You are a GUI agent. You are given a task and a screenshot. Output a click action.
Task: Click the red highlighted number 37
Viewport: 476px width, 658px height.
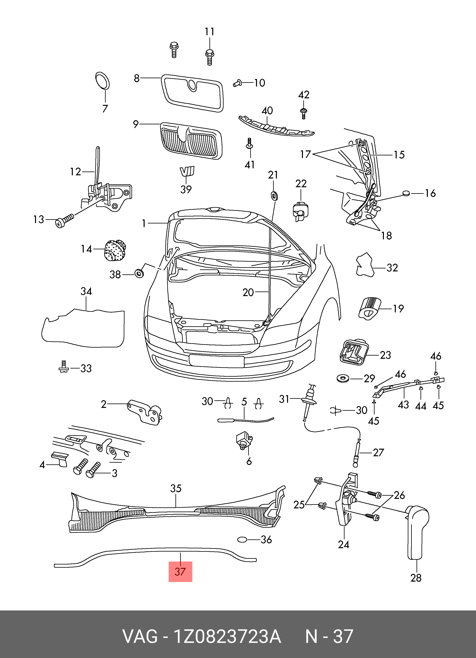180,571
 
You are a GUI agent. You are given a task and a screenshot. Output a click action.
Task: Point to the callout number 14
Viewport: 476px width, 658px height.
86,249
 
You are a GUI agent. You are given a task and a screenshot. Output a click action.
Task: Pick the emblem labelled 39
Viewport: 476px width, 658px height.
187,171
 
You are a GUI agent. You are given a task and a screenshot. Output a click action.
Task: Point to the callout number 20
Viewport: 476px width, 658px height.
248,292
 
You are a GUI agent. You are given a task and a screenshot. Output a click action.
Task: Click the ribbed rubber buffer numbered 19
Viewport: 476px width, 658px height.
369,308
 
